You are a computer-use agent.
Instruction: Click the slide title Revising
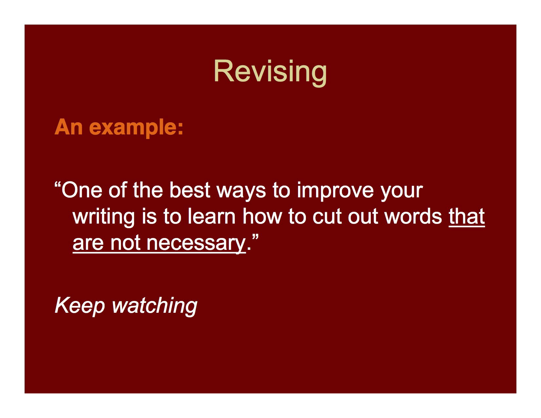click(270, 71)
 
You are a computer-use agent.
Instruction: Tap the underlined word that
click(467, 216)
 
